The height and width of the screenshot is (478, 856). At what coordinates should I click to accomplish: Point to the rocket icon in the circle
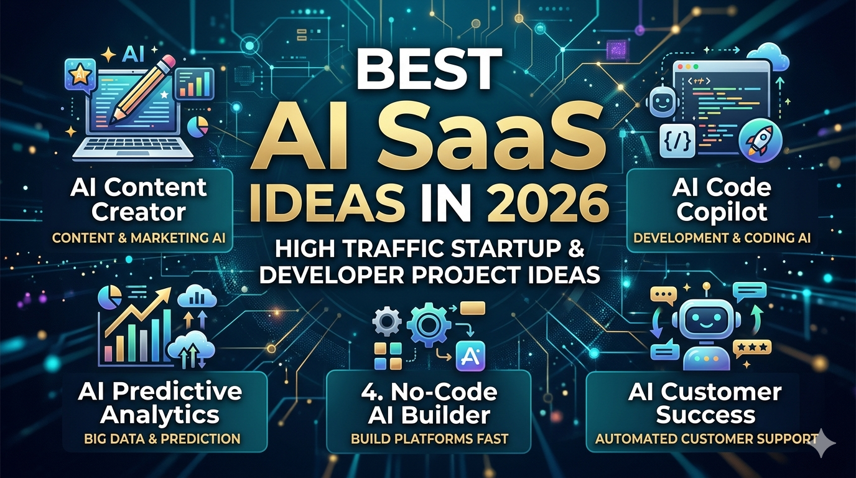760,140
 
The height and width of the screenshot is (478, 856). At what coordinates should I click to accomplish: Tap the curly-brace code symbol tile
677,140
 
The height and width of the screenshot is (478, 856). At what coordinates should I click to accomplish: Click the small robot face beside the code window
663,101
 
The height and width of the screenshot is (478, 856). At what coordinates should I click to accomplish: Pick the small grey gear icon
386,322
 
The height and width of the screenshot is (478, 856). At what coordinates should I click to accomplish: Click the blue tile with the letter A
470,357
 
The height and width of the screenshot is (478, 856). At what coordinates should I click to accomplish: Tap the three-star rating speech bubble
751,349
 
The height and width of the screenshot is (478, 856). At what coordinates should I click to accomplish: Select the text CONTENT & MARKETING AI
139,238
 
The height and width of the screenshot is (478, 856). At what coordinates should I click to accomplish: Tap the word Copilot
722,213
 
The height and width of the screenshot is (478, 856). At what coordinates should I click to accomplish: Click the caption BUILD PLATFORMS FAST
429,439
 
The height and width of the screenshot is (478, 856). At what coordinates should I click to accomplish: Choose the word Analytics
160,416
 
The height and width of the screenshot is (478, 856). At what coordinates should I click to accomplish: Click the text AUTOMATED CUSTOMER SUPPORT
706,439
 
